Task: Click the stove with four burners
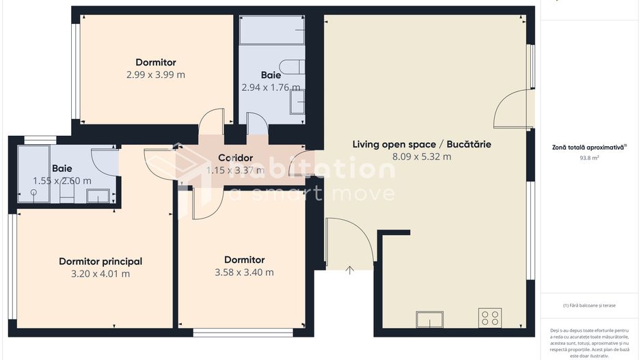(490, 318)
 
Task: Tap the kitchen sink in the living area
(429, 320)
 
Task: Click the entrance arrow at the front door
(350, 270)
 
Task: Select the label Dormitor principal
(100, 261)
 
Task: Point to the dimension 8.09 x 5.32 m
(422, 156)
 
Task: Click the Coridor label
(236, 158)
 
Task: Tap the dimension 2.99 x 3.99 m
(156, 74)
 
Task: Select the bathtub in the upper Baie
(272, 30)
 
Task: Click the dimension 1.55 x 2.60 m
(62, 181)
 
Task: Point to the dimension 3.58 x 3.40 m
(244, 272)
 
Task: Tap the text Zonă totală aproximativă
(588, 147)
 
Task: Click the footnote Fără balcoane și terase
(589, 305)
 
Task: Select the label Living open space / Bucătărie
(422, 144)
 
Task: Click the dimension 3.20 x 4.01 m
(100, 273)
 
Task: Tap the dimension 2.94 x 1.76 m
(271, 87)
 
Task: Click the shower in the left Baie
(33, 174)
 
